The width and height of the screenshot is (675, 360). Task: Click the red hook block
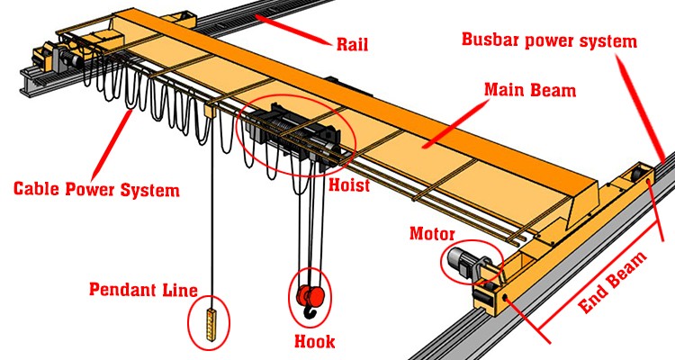[x=310, y=294]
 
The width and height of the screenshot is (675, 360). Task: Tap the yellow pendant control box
[x=210, y=324]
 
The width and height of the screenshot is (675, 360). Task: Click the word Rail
[x=352, y=44]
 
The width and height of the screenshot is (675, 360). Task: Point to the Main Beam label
[x=530, y=90]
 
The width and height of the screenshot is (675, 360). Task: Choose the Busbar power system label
[x=549, y=40]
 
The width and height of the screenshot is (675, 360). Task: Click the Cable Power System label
[x=96, y=190]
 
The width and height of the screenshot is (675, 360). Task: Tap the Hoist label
[x=349, y=185]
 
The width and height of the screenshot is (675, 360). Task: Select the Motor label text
[x=432, y=234]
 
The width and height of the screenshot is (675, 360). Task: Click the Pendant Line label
[x=143, y=290]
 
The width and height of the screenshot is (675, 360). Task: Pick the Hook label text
[x=315, y=341]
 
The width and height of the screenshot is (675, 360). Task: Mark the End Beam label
[x=612, y=283]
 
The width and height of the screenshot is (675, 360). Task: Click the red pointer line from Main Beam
[x=455, y=124]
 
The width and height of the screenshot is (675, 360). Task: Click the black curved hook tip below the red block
[x=310, y=311]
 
